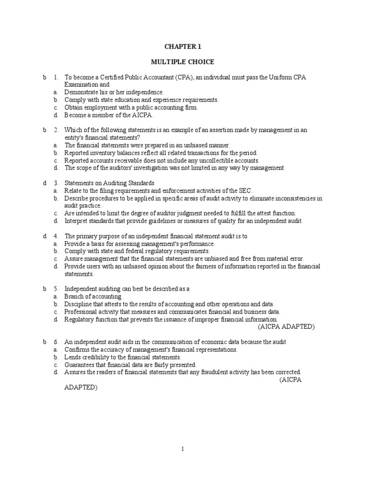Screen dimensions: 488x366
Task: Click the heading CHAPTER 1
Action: point(183,46)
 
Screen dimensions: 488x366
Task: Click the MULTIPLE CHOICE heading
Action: point(183,62)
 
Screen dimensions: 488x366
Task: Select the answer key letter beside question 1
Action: point(44,77)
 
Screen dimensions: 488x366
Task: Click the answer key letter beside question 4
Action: point(44,236)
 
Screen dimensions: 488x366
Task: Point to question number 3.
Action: point(56,183)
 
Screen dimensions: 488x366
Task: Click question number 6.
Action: point(56,342)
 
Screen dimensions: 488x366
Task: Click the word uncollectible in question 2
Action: point(216,160)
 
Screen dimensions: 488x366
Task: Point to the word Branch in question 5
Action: point(74,296)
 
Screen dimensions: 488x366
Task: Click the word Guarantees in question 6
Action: point(80,365)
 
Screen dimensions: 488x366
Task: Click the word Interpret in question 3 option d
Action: point(76,221)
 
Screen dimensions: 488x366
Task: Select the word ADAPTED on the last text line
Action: point(81,387)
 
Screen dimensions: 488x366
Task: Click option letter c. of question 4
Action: point(56,259)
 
